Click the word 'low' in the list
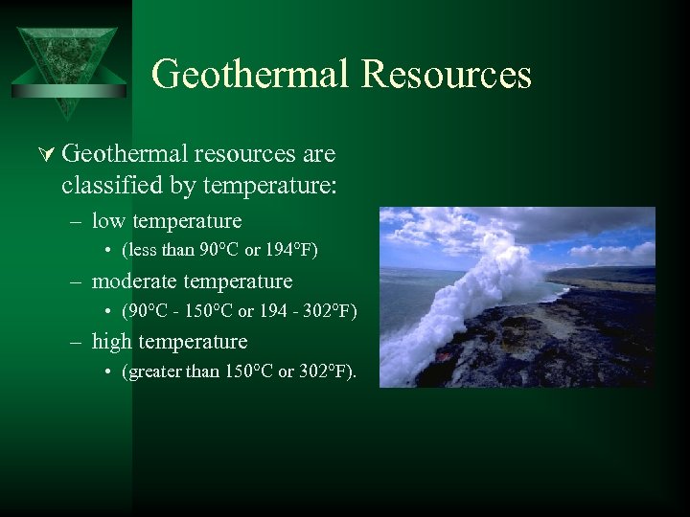(109, 221)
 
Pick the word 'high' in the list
(112, 342)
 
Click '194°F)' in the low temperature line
(289, 251)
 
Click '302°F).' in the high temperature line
(328, 371)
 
